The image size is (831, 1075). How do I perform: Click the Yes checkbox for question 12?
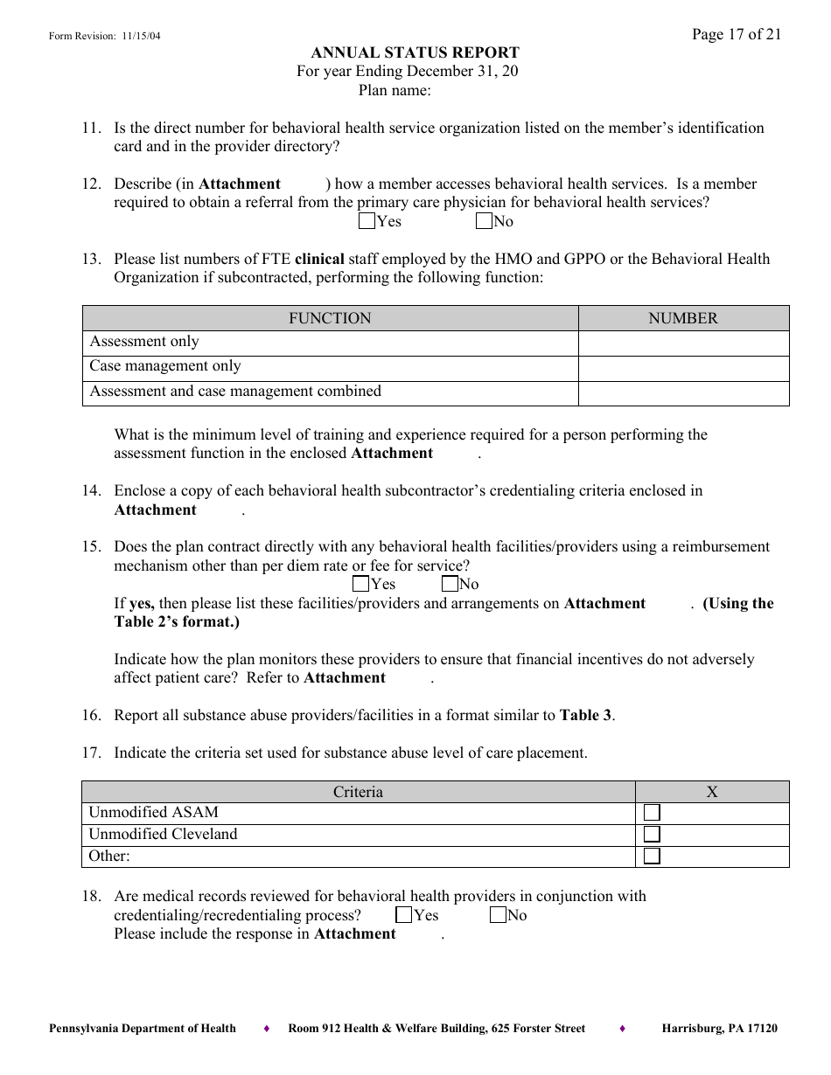[x=367, y=221]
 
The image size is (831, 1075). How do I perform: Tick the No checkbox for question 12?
[x=484, y=221]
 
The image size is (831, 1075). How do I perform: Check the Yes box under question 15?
[x=360, y=584]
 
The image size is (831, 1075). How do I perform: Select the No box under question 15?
[x=450, y=584]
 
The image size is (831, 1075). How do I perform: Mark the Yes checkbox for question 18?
[x=404, y=915]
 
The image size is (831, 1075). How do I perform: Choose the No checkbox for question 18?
[x=498, y=915]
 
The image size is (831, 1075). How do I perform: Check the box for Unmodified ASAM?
[x=652, y=813]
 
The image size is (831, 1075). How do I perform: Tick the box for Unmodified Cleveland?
[x=652, y=835]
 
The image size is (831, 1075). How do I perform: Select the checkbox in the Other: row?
[x=652, y=857]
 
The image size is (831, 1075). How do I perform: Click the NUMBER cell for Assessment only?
[x=683, y=343]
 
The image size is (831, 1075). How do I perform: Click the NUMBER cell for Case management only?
[x=683, y=367]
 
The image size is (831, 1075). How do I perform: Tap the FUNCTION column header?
[x=330, y=318]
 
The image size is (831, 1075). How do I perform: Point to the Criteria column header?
[x=358, y=792]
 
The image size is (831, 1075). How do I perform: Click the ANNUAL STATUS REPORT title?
[x=415, y=52]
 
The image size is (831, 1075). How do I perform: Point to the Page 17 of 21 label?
[x=737, y=34]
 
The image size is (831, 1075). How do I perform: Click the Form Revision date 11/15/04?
[x=140, y=36]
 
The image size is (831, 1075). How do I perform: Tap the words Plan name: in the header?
[x=395, y=89]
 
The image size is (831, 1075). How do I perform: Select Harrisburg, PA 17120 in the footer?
[x=719, y=1029]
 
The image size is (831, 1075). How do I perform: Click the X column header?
[x=712, y=792]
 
